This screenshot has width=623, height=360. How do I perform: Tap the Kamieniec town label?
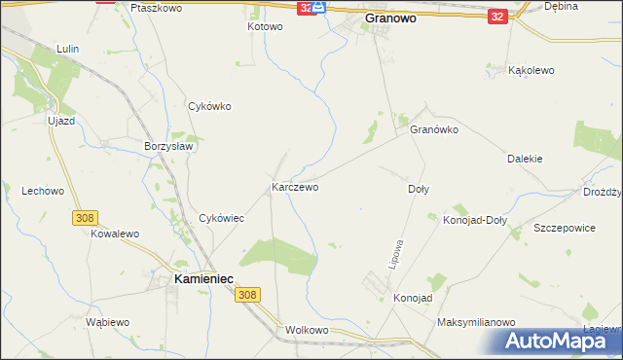click(202, 278)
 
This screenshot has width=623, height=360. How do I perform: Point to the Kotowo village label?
click(264, 26)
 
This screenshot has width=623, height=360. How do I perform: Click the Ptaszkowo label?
click(156, 7)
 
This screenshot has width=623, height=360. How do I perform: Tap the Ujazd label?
click(59, 121)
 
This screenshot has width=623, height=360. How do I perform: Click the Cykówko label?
click(208, 106)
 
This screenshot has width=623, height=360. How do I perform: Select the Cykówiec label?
click(221, 219)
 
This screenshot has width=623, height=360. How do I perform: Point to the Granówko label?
click(433, 129)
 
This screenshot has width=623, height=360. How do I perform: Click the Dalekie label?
click(525, 158)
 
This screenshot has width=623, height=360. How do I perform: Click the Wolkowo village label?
click(308, 330)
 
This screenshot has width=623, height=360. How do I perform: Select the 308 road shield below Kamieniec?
click(248, 295)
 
